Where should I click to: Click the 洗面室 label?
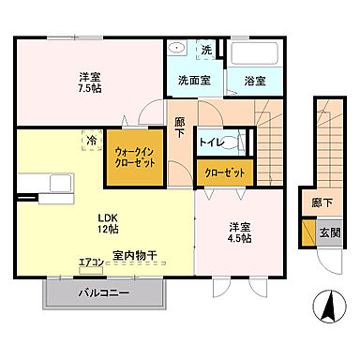(193, 81)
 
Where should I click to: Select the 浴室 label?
(249, 82)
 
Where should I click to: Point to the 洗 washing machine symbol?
(206, 51)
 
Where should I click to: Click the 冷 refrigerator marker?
(92, 140)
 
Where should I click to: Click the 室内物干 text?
(133, 253)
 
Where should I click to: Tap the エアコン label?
(90, 262)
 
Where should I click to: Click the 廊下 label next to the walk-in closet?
(180, 127)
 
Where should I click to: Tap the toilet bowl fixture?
(241, 143)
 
